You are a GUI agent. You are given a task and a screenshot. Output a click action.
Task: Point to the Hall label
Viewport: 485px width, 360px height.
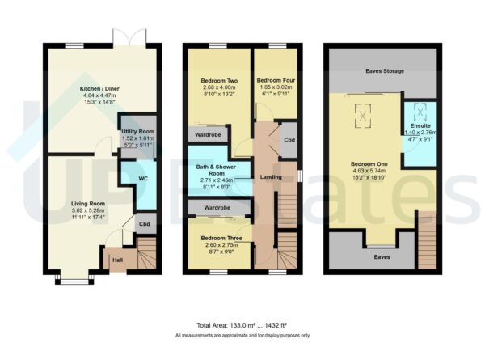[117, 260]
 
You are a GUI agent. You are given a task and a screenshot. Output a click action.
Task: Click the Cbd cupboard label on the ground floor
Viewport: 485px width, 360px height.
[144, 224]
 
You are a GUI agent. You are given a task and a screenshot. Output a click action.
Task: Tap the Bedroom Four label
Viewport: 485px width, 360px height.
[275, 80]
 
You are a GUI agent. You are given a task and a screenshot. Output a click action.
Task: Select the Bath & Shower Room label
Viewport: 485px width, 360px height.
[217, 168]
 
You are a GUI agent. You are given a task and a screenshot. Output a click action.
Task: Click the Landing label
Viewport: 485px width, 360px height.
[269, 176]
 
